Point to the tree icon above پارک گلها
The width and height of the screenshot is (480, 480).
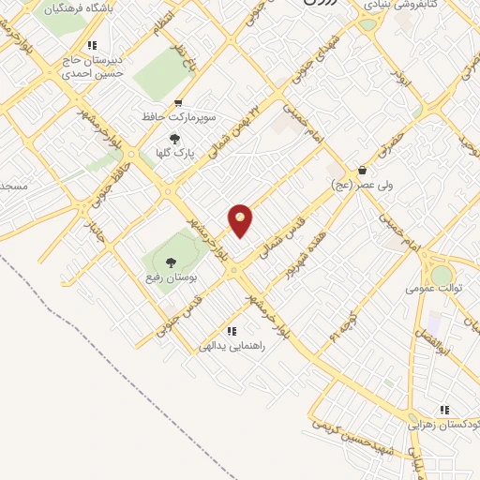click(174, 140)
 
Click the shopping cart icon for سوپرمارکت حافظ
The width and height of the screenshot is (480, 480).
click(178, 104)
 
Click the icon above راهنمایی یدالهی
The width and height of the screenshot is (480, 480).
click(231, 330)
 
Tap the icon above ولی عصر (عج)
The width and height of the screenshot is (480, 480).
click(362, 171)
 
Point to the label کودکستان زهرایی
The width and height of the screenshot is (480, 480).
click(442, 424)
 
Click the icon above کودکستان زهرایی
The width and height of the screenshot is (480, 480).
click(444, 410)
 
